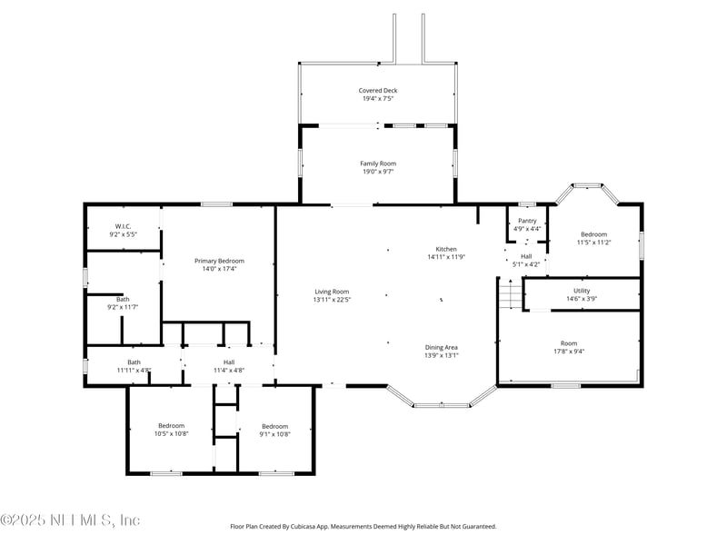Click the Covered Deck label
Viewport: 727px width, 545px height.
pos(378,91)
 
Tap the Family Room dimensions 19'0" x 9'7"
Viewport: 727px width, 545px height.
pos(378,172)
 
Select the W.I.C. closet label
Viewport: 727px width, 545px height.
pos(123,226)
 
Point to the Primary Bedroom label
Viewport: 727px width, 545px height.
pos(219,261)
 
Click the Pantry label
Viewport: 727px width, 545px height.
pos(527,221)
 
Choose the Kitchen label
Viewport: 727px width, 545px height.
pos(446,249)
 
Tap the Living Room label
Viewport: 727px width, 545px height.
pos(332,292)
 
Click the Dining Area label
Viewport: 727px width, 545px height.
pos(442,348)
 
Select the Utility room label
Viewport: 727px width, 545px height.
pos(582,291)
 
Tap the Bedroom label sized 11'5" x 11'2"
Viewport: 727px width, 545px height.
pos(594,234)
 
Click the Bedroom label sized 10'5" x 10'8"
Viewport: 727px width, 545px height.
pos(172,426)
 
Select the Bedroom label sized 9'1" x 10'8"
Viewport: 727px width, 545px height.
pos(275,426)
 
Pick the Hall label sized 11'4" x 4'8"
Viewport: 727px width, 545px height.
pos(229,362)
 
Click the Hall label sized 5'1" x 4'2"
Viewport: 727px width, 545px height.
pos(526,256)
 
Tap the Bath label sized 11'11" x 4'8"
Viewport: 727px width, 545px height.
pos(134,362)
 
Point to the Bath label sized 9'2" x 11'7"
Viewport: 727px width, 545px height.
pos(123,300)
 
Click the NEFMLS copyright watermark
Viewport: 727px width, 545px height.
pos(70,520)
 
